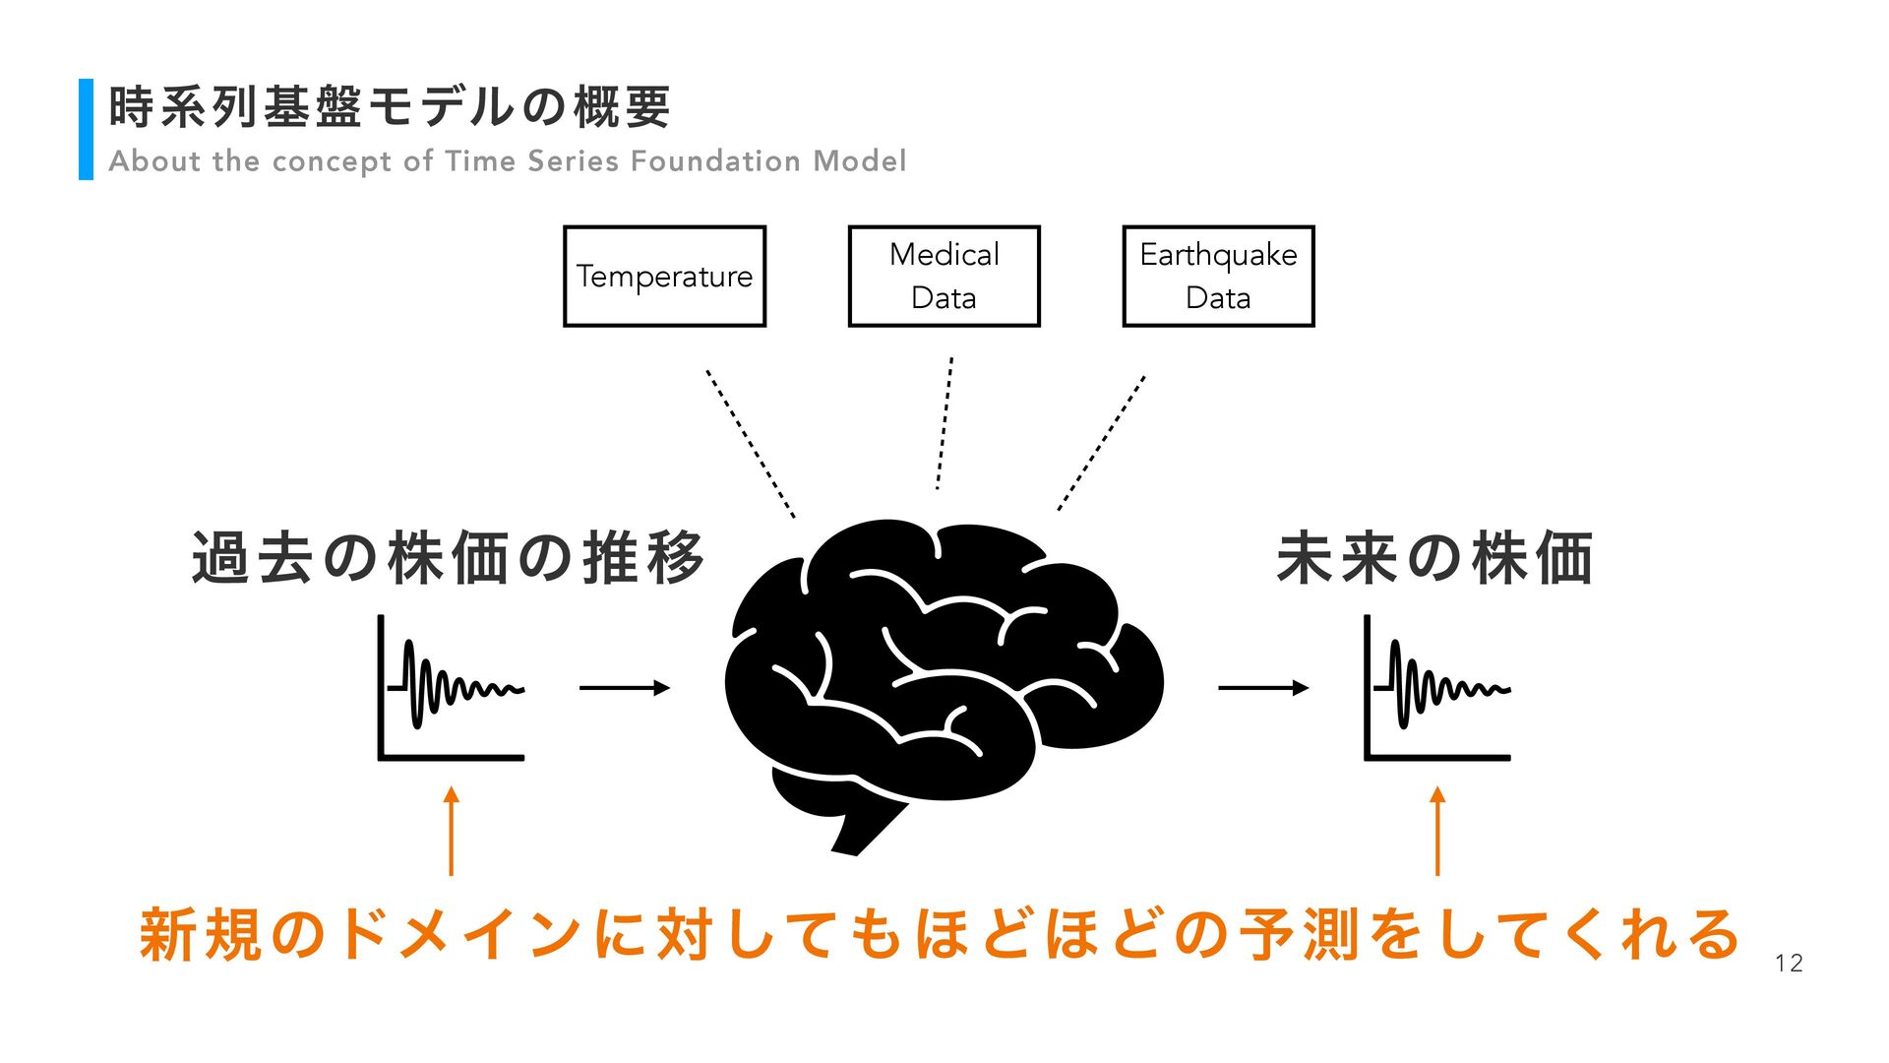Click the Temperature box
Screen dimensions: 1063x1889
(x=664, y=276)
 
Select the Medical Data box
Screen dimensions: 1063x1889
(x=944, y=276)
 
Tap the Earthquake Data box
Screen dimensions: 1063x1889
(x=1218, y=276)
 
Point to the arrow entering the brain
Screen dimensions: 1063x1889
(x=625, y=688)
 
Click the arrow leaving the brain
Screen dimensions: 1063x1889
(x=1263, y=688)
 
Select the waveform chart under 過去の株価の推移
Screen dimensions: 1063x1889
(x=452, y=688)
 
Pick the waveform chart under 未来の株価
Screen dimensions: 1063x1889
(x=1437, y=688)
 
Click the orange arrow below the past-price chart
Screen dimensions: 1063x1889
(x=452, y=831)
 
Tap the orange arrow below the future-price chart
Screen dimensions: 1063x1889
(x=1437, y=831)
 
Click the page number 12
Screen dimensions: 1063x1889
(x=1789, y=964)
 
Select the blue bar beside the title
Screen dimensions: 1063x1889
(x=86, y=129)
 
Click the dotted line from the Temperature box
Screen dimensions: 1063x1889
(x=750, y=443)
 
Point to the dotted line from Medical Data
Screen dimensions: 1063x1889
(x=944, y=423)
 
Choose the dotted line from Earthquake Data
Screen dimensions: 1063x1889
(x=1101, y=443)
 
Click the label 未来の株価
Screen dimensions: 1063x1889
(x=1434, y=558)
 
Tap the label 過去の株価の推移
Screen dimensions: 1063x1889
(x=449, y=558)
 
